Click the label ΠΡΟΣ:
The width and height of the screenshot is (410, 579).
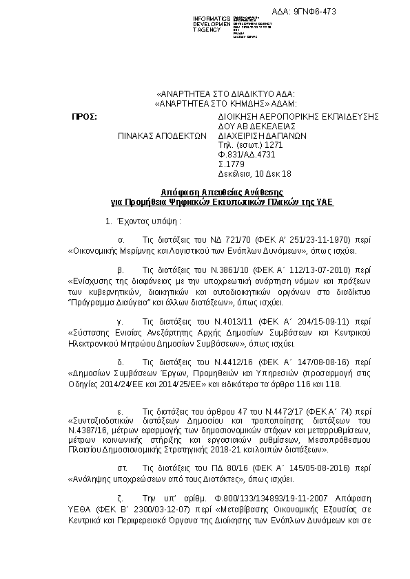click(x=84, y=117)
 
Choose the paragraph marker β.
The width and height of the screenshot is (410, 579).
click(x=121, y=270)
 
